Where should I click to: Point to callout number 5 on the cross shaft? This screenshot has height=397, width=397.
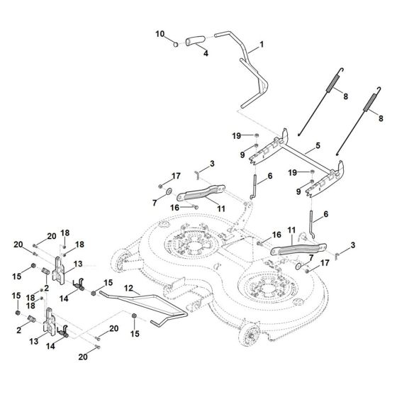(x=318, y=145)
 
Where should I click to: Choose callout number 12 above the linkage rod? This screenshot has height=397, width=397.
(x=128, y=289)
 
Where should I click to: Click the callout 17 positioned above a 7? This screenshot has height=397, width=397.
(x=175, y=175)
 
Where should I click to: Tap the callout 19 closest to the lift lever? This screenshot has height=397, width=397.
(x=236, y=135)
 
